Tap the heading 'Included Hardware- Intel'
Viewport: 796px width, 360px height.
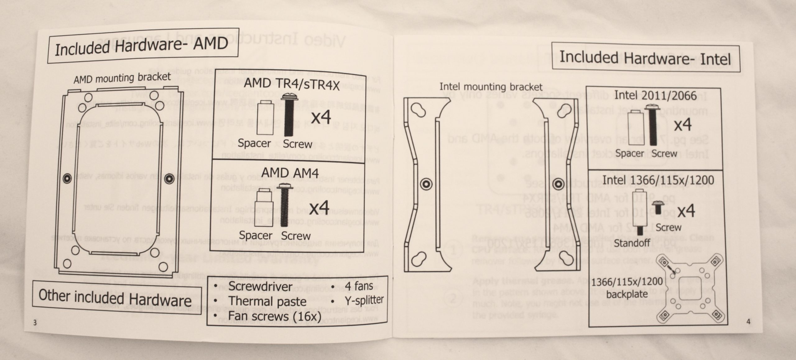click(x=646, y=58)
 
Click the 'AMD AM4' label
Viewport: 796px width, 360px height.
click(x=290, y=172)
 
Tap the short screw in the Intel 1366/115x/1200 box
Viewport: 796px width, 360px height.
click(x=658, y=207)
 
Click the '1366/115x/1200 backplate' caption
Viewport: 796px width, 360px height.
click(x=627, y=288)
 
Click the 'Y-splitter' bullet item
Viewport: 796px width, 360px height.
click(x=364, y=300)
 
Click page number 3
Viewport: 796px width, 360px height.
click(x=35, y=322)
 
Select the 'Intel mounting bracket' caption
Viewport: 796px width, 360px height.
click(x=491, y=87)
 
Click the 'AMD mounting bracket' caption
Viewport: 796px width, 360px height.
click(x=122, y=78)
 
